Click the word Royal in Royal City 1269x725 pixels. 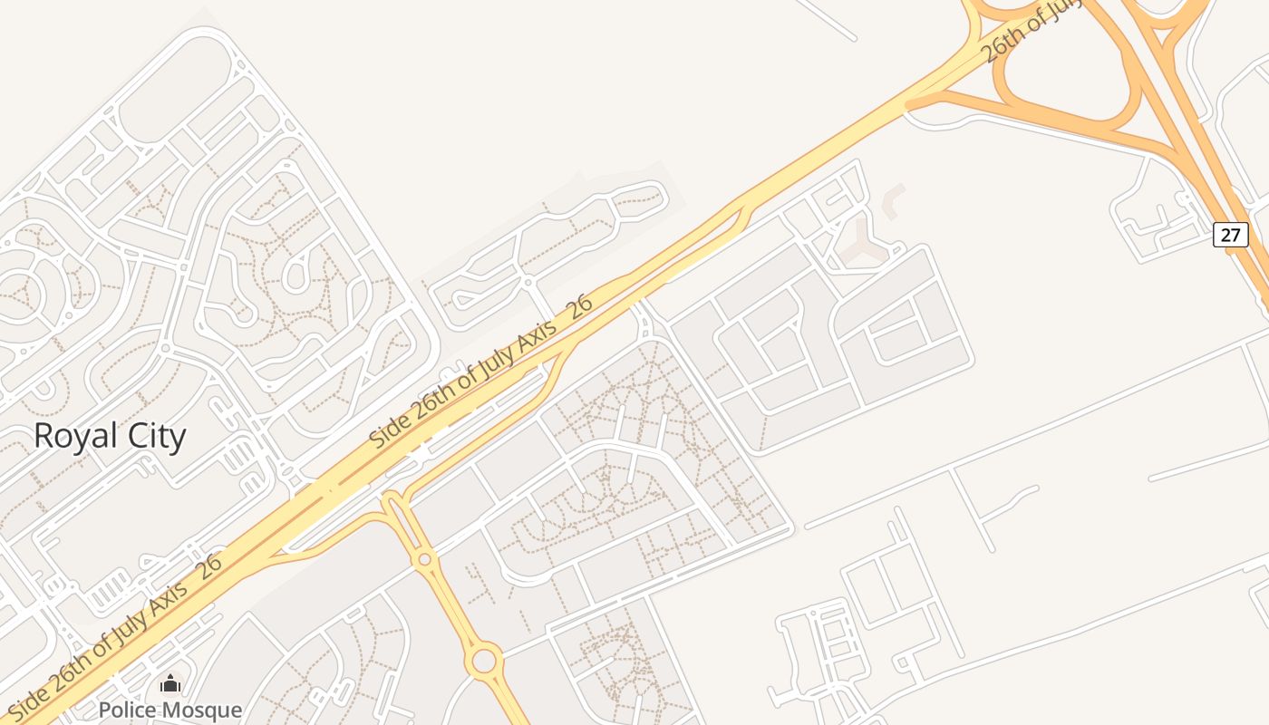click(x=75, y=436)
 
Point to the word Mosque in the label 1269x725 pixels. click(x=209, y=710)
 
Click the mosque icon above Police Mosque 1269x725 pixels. click(x=170, y=684)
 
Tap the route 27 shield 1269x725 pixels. click(x=1230, y=235)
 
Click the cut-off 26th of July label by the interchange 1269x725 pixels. click(x=1033, y=32)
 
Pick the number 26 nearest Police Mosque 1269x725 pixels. click(x=208, y=567)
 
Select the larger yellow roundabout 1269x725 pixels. click(x=485, y=660)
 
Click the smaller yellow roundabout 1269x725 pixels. click(x=424, y=559)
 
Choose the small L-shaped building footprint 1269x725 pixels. click(x=893, y=199)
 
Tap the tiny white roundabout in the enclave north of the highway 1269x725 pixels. click(x=528, y=283)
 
